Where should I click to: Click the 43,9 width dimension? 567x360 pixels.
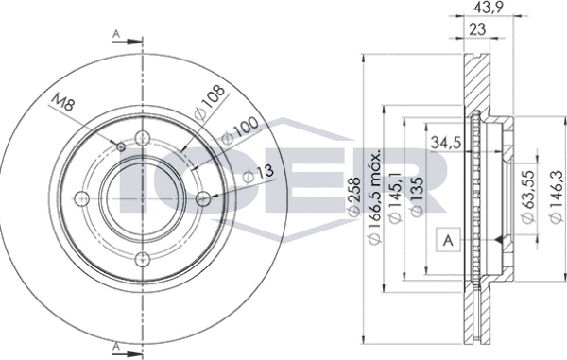pos(489,8)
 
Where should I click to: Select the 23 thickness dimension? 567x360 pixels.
pos(477,29)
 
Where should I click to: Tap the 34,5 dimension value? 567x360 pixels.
pos(446,143)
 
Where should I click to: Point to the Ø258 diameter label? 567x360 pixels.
pos(353,197)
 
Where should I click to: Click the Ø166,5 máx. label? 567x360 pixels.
pos(374,197)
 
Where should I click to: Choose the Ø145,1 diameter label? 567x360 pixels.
pos(394,197)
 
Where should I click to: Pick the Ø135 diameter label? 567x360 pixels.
pos(417,197)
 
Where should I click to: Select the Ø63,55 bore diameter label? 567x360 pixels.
pos(527,197)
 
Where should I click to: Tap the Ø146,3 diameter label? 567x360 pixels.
pos(556,197)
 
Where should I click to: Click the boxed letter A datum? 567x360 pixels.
pos(448,240)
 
